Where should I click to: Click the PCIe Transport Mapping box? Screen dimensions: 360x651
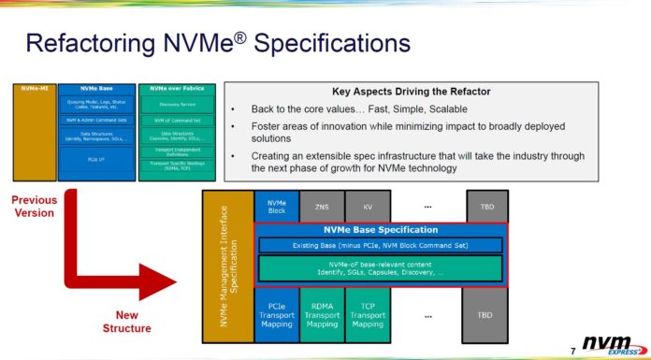click(x=276, y=314)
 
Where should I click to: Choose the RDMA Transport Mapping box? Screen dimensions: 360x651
click(x=322, y=314)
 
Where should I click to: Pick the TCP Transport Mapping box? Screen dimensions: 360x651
click(x=367, y=314)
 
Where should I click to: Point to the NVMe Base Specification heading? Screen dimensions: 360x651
click(x=380, y=230)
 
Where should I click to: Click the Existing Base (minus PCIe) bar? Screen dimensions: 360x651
click(x=380, y=245)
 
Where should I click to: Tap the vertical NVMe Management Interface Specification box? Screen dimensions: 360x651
click(x=227, y=266)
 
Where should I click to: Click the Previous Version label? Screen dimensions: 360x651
click(x=34, y=206)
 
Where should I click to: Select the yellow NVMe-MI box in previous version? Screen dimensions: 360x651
click(x=34, y=140)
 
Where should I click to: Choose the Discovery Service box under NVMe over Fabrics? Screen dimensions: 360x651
click(x=177, y=104)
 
